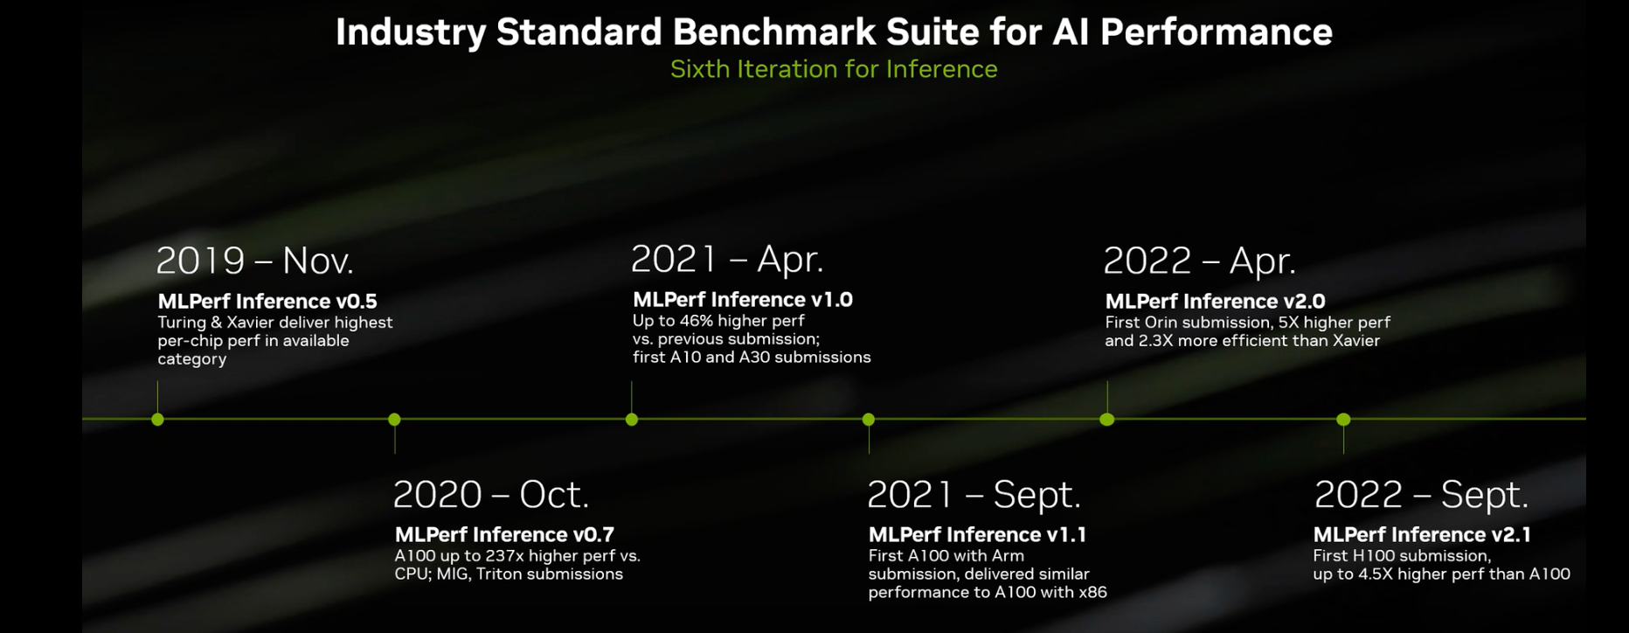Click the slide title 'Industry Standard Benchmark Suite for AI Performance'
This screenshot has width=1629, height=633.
[x=834, y=32]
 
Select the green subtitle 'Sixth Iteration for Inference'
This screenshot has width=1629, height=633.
[x=834, y=69]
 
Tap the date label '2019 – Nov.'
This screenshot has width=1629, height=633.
[x=254, y=261]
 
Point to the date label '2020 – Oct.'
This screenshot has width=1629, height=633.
[x=490, y=495]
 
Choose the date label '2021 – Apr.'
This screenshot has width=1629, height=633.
[x=727, y=259]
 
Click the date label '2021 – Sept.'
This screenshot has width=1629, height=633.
[x=974, y=495]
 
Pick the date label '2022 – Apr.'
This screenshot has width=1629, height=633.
[x=1199, y=261]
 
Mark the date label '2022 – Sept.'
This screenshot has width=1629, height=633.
[x=1421, y=495]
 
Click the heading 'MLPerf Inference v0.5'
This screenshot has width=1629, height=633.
[x=267, y=302]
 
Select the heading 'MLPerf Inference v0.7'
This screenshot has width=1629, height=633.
[x=504, y=534]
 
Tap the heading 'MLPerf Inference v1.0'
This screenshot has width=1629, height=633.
[x=743, y=300]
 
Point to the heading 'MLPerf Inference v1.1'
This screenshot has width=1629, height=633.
[x=977, y=534]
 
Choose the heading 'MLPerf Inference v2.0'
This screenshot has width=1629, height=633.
[x=1215, y=302]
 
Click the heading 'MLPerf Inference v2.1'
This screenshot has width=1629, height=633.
[x=1422, y=534]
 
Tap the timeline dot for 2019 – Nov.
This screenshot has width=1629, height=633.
[x=157, y=420]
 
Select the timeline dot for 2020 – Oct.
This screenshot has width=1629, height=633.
[x=394, y=420]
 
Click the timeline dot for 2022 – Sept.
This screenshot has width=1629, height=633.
[x=1343, y=420]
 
